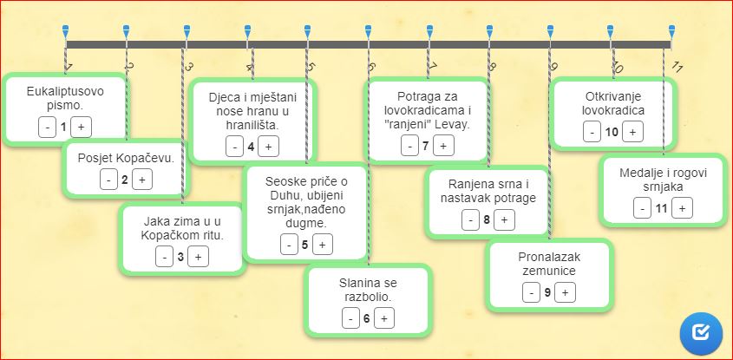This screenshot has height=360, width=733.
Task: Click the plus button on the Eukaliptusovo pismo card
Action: tap(82, 128)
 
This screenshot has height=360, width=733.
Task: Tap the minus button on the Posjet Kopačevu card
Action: tap(109, 180)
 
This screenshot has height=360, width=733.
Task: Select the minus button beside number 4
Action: tap(235, 147)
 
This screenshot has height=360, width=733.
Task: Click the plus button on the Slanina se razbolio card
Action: tap(383, 318)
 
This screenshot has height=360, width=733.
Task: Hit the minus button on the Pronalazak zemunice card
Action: tap(531, 292)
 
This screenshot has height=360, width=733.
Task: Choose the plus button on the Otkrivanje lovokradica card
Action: tap(632, 133)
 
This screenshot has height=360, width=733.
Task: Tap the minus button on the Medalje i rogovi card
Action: tap(642, 208)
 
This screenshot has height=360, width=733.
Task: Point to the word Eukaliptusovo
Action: tap(65, 92)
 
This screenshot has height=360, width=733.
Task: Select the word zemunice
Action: tap(549, 272)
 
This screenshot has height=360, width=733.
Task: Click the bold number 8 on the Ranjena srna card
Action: tap(487, 219)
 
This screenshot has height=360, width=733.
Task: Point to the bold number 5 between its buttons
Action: tap(304, 244)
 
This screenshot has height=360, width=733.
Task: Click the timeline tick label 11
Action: tap(677, 67)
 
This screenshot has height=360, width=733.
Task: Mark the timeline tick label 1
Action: tap(68, 68)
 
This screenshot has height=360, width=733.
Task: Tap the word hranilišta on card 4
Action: tap(252, 125)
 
